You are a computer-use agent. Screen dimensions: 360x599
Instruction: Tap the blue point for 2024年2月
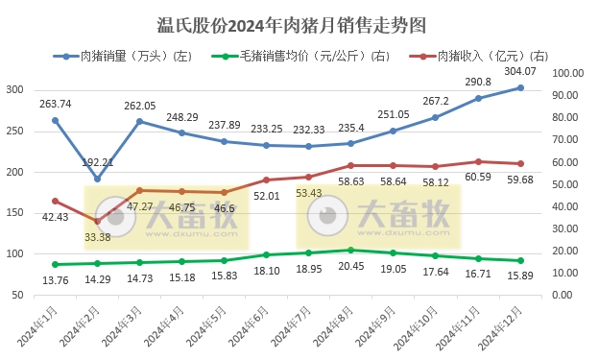(x=97, y=179)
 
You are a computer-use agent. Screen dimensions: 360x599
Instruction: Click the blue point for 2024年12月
(x=520, y=87)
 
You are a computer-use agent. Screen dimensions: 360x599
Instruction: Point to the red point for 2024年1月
(x=55, y=201)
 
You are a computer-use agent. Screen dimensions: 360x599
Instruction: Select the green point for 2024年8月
(x=351, y=251)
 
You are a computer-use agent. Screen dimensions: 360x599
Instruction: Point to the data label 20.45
(x=351, y=267)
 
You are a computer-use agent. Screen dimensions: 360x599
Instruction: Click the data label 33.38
(x=97, y=237)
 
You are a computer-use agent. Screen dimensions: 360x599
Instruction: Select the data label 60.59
(x=477, y=177)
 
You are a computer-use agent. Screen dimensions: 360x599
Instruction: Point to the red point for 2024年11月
(x=478, y=161)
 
